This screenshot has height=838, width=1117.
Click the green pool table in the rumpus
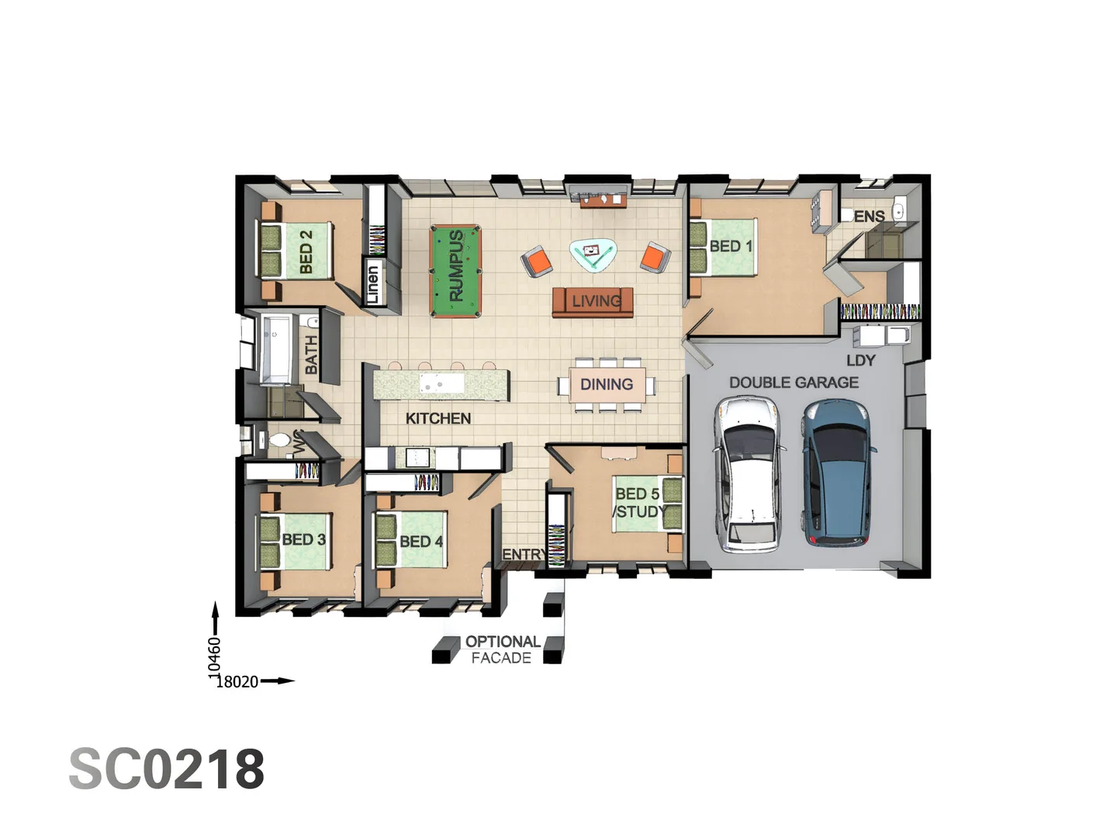coord(455,272)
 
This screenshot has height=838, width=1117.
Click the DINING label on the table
coord(607,384)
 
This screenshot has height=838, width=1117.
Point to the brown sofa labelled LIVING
coord(593,303)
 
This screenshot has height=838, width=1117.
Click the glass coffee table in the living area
coord(593,255)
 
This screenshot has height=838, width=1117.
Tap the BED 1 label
coord(731,246)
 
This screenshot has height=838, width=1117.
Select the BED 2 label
coord(306,252)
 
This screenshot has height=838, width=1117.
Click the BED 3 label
coord(304,539)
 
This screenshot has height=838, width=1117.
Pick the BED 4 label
coord(421,542)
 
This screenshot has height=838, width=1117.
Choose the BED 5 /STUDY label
coord(640,503)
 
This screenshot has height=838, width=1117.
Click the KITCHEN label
coord(438,418)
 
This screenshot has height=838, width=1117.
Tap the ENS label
coord(870,216)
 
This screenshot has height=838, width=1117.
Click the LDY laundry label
coord(861,360)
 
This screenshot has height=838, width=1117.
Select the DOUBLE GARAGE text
coord(794,383)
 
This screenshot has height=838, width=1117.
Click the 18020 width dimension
coord(237,682)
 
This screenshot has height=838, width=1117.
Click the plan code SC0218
coord(167,769)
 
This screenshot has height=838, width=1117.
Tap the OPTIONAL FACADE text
coord(503,649)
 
